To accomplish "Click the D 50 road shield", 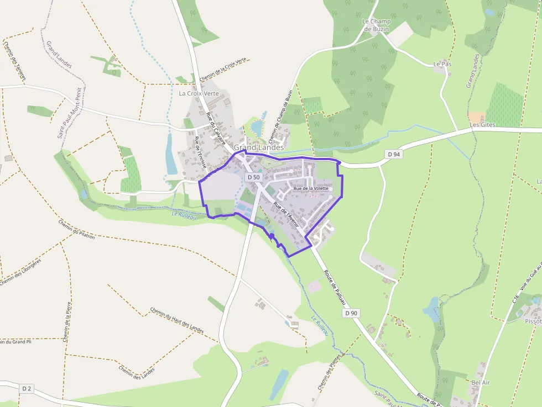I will pos(253,177).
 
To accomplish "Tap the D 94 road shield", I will pos(393,155).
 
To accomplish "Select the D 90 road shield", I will pos(351,313).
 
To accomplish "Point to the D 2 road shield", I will pos(27,389).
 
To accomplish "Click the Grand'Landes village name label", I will pos(258,147).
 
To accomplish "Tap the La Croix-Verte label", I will pos(199,93).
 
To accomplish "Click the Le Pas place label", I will pos(442,65).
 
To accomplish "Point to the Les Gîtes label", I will pos(482,125).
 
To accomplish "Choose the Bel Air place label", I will pos(481,382).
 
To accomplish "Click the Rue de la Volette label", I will pos(311,189).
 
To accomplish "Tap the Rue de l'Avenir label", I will pos(286,215).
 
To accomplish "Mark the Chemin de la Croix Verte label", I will pos(223,70).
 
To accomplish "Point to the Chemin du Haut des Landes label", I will pos(177,320).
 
